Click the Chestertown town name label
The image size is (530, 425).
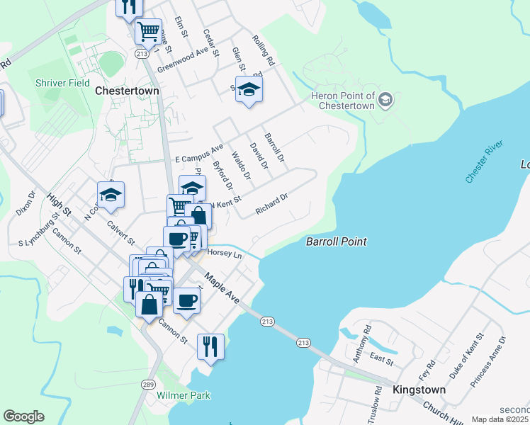click(127, 91)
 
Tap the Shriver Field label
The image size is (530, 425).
click(62, 83)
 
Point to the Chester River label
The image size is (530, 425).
click(484, 162)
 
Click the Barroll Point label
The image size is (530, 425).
click(336, 242)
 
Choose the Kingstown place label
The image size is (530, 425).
click(419, 390)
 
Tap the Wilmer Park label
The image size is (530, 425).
click(184, 395)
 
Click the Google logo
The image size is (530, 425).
click(23, 416)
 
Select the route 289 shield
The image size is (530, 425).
click(147, 384)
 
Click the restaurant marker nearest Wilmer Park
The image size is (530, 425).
click(210, 346)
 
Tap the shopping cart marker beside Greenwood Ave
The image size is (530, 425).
click(147, 31)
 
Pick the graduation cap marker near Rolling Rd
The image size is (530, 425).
click(249, 89)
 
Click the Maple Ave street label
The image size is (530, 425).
click(223, 288)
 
